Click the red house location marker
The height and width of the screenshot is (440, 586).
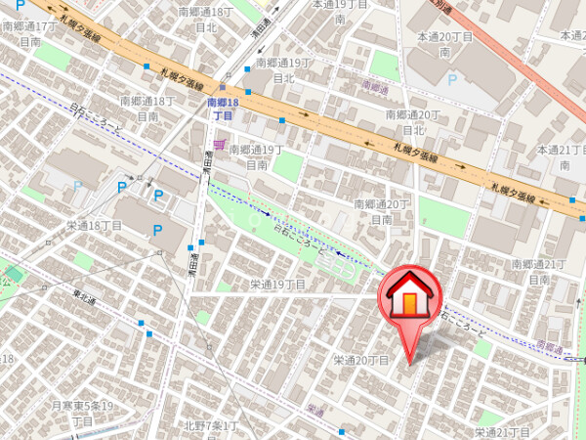coord(410,298)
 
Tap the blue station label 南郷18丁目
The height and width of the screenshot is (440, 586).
coord(223,109)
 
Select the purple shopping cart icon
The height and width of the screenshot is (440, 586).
coord(219,146)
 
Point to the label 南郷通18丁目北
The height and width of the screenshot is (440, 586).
coord(206,20)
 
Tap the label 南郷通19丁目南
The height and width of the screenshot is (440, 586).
coord(257,157)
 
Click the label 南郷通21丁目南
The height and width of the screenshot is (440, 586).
coord(539,272)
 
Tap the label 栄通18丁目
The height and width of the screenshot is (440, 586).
coord(94,225)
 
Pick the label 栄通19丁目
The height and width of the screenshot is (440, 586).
coord(277,285)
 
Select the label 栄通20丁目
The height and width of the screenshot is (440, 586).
coord(361,361)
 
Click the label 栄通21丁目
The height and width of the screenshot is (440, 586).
coord(502,431)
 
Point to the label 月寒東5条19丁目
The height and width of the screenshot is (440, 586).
coord(83,412)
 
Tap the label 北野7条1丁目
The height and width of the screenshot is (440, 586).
coord(211,425)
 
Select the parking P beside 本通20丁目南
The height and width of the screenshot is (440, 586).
coord(451,79)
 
